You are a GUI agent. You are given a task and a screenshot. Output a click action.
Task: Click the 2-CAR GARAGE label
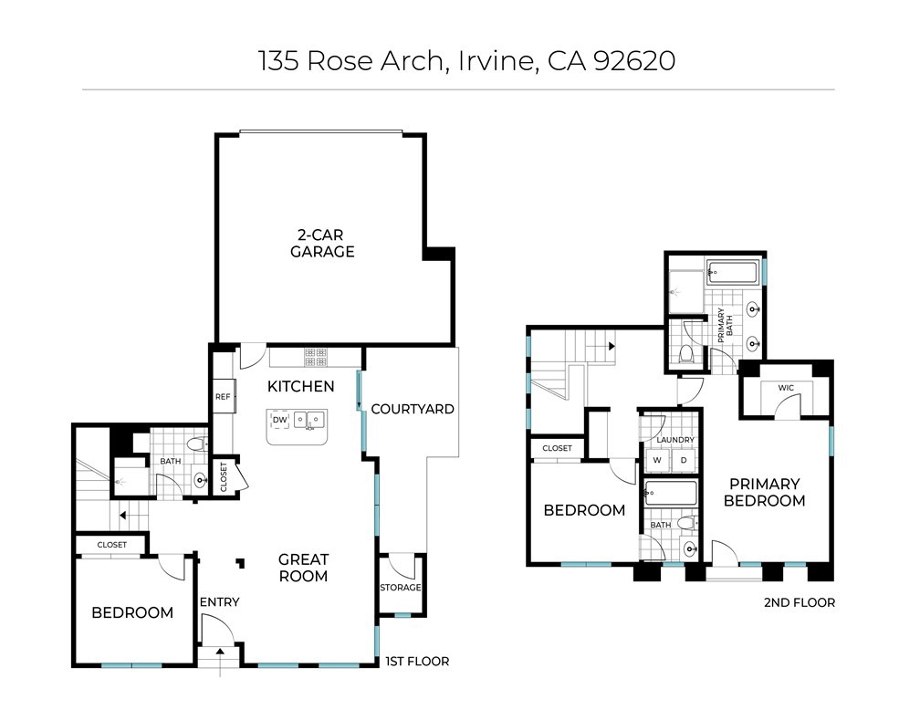[322, 244]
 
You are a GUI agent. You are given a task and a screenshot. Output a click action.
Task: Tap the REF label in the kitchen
[223, 397]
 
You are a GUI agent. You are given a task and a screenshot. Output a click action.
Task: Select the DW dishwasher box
[280, 420]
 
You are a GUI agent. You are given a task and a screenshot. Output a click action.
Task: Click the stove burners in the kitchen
[316, 357]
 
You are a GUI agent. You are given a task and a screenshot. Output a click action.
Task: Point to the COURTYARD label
[413, 409]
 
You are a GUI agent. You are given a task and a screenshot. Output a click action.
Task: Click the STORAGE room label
[400, 588]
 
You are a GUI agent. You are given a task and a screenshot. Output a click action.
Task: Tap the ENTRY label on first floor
[219, 602]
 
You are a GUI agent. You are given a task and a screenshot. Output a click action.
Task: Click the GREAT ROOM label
[303, 568]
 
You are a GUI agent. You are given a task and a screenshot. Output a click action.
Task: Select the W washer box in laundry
[657, 461]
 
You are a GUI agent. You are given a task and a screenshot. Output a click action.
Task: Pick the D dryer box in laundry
[683, 461]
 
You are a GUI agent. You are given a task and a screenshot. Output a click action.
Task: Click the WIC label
[786, 388]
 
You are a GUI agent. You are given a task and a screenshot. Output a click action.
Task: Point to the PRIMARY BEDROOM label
[765, 492]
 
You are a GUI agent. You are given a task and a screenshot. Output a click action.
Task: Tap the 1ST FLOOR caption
[417, 662]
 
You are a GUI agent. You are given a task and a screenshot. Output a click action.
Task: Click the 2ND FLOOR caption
[800, 602]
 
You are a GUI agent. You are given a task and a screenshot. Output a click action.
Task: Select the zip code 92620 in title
[634, 60]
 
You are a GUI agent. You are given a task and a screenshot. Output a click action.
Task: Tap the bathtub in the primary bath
[732, 273]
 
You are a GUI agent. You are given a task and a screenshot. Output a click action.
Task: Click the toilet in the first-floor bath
[197, 444]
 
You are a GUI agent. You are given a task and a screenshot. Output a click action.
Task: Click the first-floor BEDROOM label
[132, 612]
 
